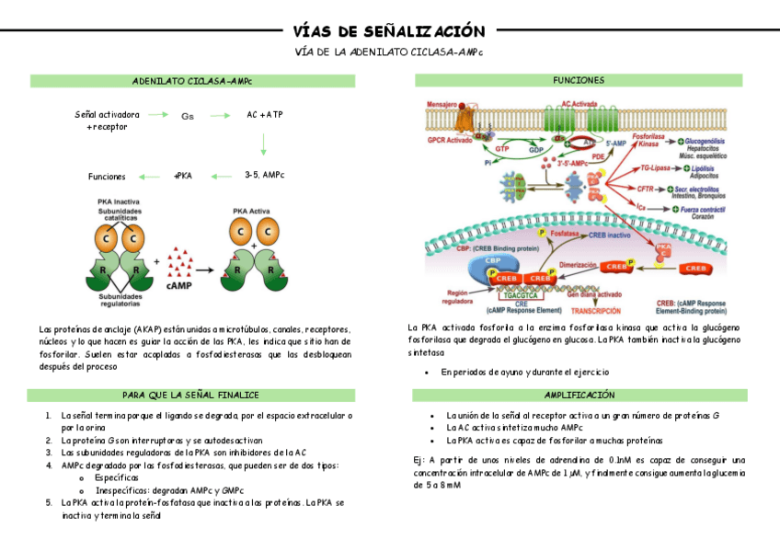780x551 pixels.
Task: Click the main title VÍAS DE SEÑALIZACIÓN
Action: (x=389, y=31)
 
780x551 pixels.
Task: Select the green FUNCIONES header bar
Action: (x=578, y=81)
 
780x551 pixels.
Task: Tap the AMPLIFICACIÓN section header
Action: (x=579, y=395)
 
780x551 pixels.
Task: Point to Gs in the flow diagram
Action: (x=188, y=116)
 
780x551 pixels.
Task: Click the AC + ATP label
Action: (x=264, y=115)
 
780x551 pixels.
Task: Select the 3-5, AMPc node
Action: (x=264, y=175)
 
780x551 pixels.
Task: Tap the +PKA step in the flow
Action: (x=182, y=176)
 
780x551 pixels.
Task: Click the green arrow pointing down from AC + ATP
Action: (x=264, y=143)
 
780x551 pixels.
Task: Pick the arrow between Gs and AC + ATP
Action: (x=221, y=116)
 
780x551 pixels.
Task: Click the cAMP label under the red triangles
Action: (x=178, y=286)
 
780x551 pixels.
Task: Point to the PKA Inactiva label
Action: (x=119, y=201)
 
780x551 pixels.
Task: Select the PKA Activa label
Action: (x=251, y=209)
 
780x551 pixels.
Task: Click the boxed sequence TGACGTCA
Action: (x=521, y=295)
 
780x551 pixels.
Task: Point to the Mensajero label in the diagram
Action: (x=445, y=105)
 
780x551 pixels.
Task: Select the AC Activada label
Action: (x=580, y=105)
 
